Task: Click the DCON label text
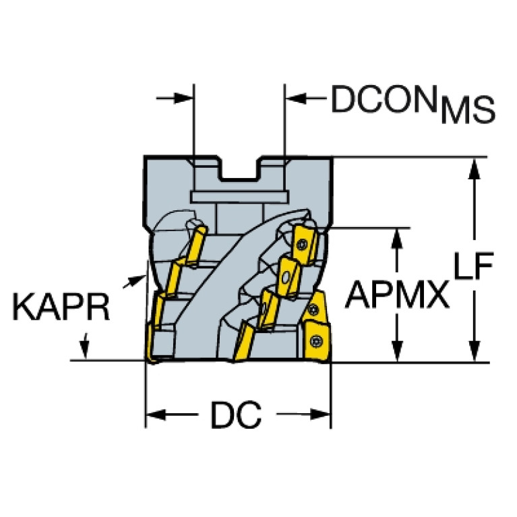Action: click(x=384, y=99)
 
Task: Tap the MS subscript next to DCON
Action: click(x=468, y=110)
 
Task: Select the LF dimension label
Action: click(x=473, y=265)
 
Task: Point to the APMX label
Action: click(x=397, y=294)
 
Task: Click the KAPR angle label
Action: click(x=61, y=307)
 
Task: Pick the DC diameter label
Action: click(x=236, y=415)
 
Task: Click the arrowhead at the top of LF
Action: click(x=474, y=169)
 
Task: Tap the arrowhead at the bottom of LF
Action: click(x=474, y=351)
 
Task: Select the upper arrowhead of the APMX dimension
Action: click(x=397, y=238)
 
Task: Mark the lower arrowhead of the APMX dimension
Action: click(x=397, y=351)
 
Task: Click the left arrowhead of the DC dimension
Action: click(x=156, y=415)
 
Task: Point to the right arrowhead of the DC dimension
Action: click(x=320, y=415)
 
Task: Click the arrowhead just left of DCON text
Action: click(x=296, y=98)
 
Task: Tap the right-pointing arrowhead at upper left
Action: click(x=183, y=98)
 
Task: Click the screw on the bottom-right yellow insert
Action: click(x=316, y=341)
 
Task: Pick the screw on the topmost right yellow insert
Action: click(x=302, y=244)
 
